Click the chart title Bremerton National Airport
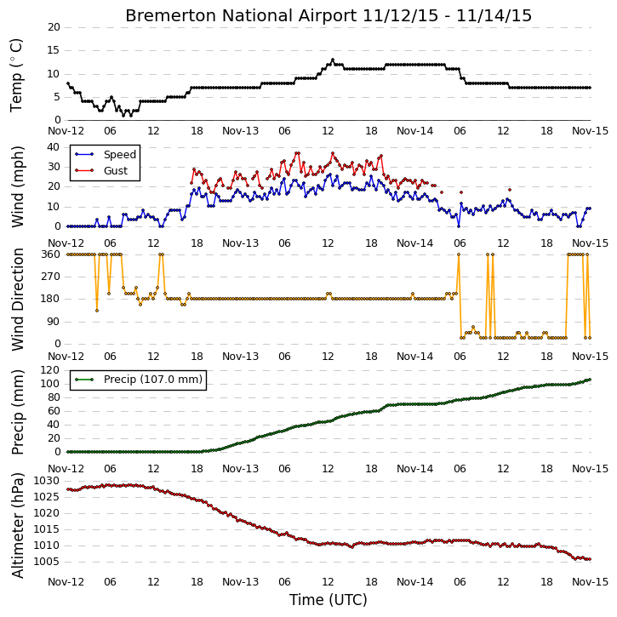[x=241, y=15]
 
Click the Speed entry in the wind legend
[x=120, y=154]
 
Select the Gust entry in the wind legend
[x=116, y=171]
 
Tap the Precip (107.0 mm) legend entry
[x=152, y=380]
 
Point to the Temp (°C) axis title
[x=16, y=75]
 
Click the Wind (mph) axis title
[x=17, y=187]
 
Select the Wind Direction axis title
[x=17, y=300]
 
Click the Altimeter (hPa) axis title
[x=17, y=525]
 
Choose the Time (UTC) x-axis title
[x=328, y=600]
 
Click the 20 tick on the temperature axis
[x=54, y=27]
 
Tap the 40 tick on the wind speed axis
[x=54, y=147]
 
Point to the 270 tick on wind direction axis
[x=51, y=277]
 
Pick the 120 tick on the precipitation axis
[x=51, y=370]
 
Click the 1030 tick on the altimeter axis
[x=46, y=481]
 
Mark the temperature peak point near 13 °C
[x=333, y=60]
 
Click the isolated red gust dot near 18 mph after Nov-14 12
[x=510, y=190]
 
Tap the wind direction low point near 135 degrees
[x=97, y=311]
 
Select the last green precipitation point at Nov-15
[x=590, y=380]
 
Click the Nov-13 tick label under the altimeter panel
[x=241, y=582]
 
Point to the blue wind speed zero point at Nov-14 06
[x=459, y=226]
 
